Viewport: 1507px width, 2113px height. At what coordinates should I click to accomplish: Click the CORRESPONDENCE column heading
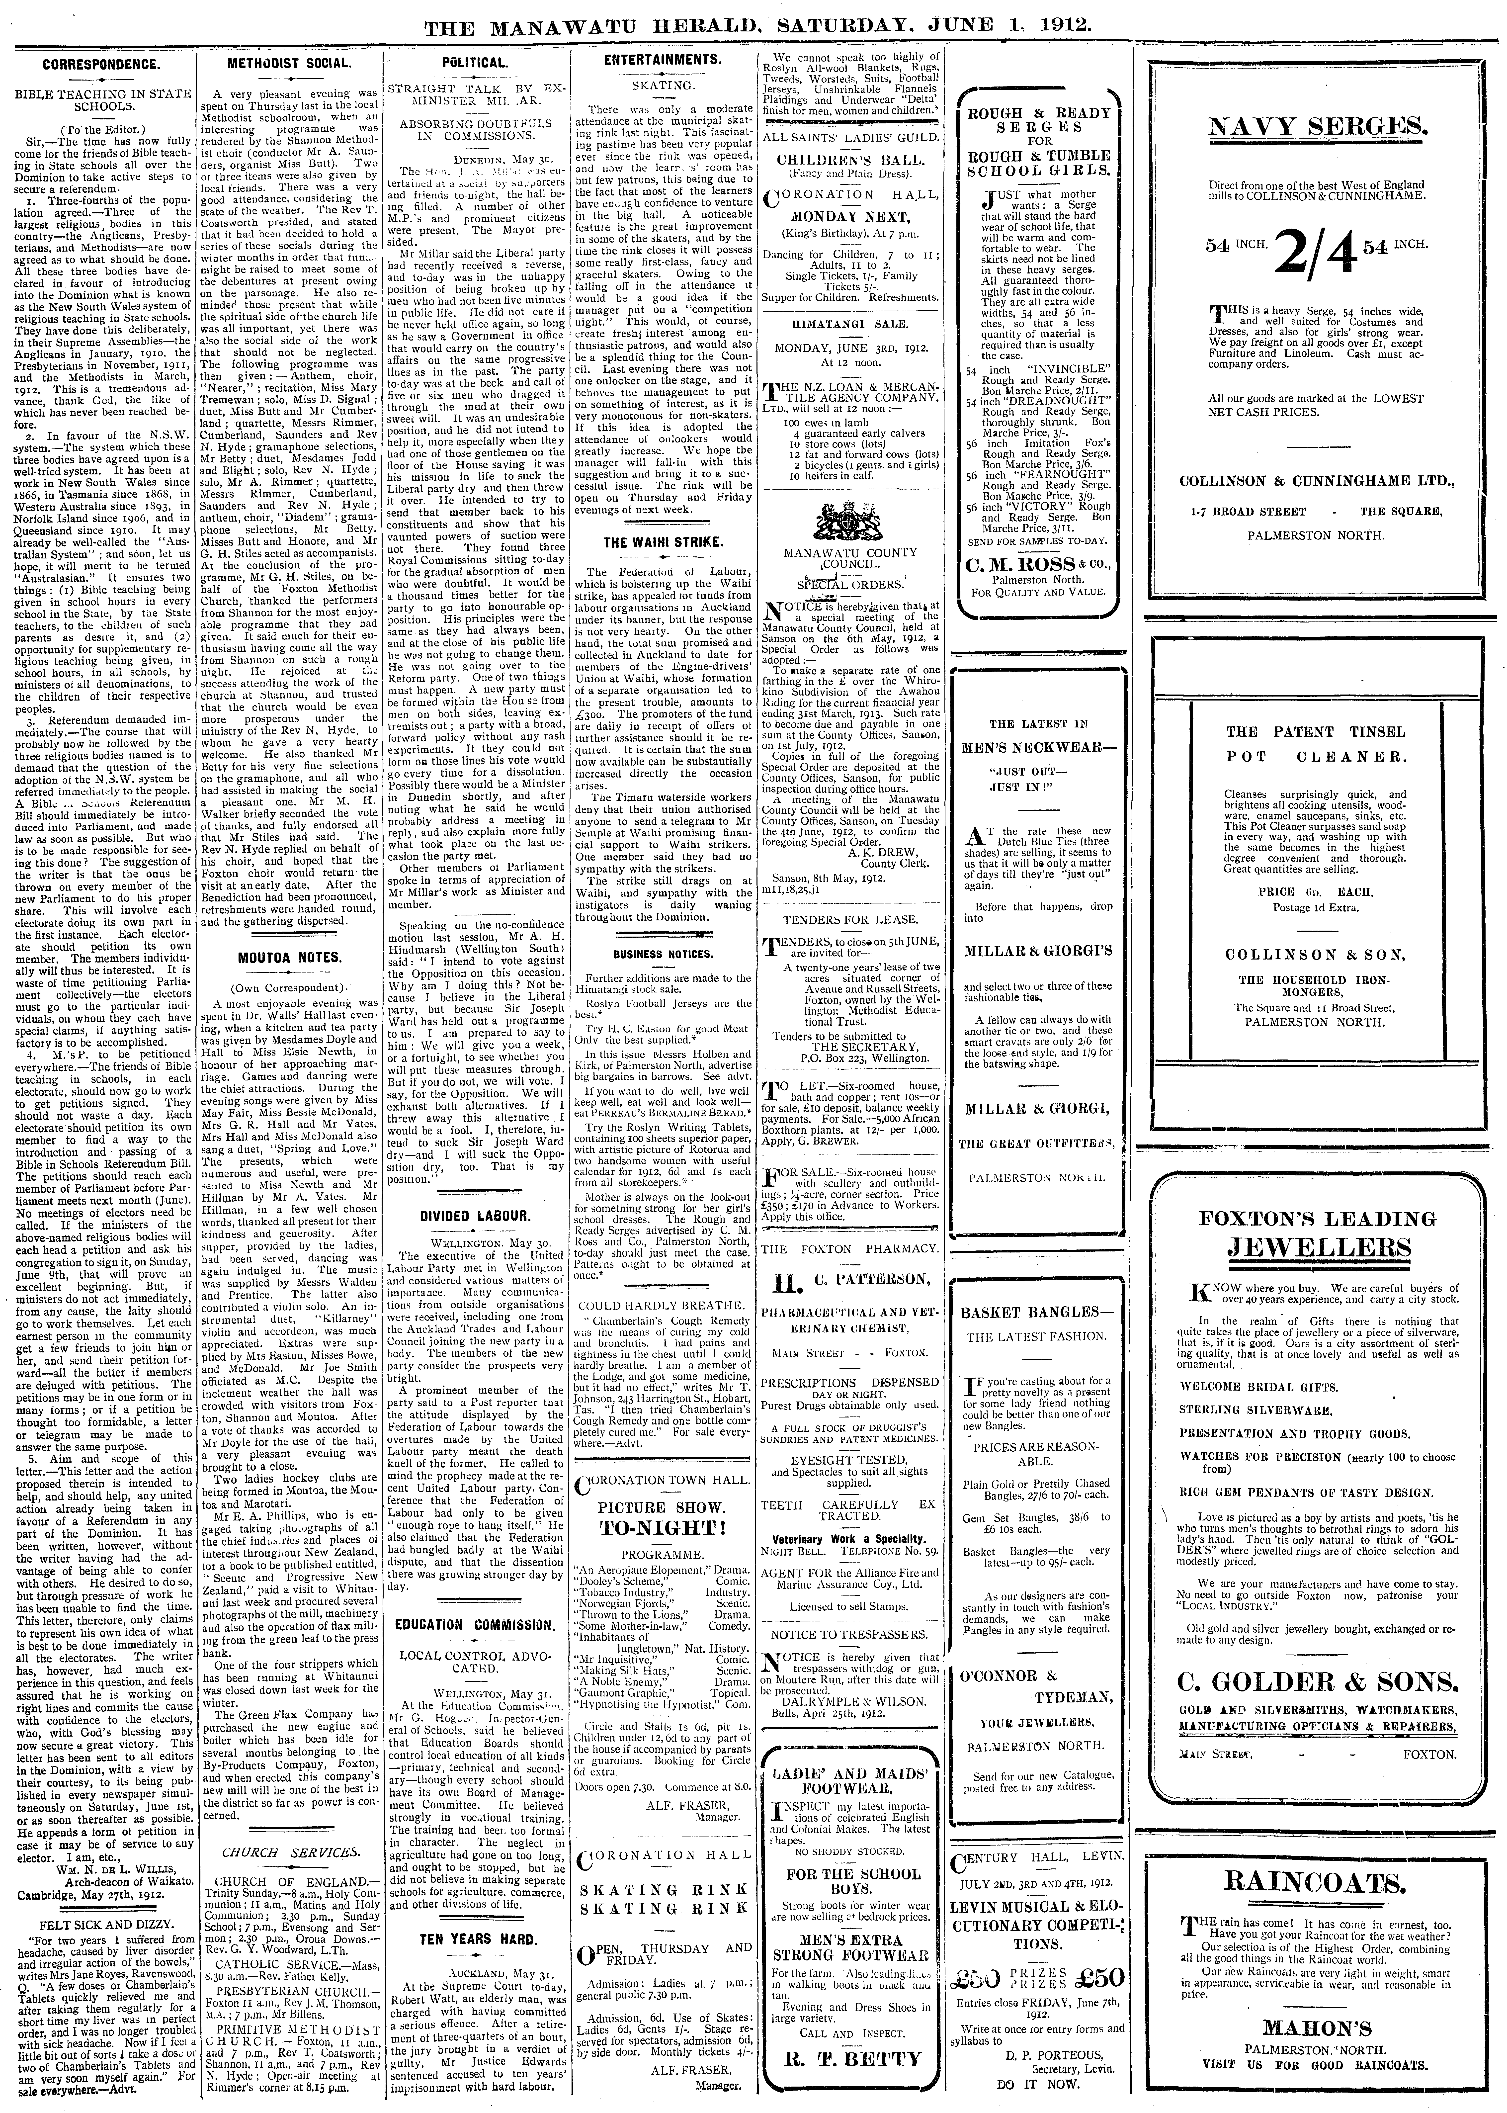pyautogui.click(x=100, y=66)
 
